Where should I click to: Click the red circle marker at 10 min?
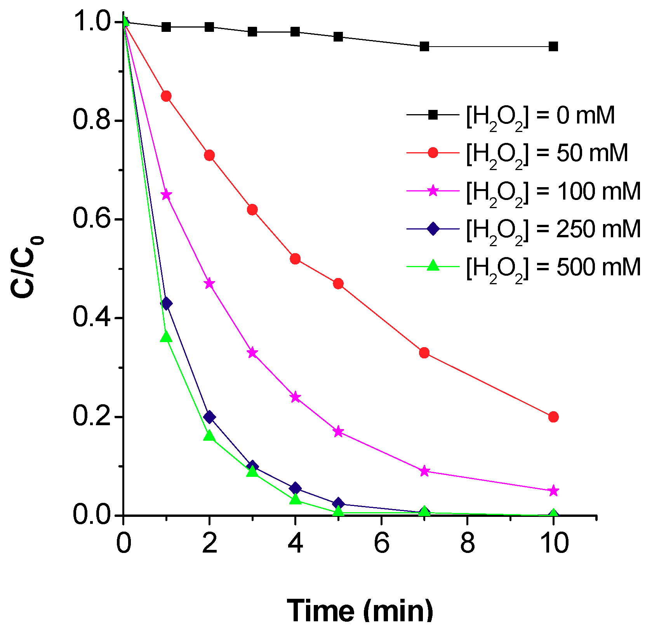553,417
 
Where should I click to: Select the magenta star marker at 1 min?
166,195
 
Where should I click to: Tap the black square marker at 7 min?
424,47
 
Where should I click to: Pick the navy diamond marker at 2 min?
209,417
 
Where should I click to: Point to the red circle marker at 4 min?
295,259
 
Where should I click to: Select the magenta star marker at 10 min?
553,491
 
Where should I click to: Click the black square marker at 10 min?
553,47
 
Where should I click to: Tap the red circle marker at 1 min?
166,96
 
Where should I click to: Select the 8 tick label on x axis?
467,543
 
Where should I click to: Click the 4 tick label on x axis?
295,543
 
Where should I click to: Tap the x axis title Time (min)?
360,611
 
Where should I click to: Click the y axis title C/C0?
26,268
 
